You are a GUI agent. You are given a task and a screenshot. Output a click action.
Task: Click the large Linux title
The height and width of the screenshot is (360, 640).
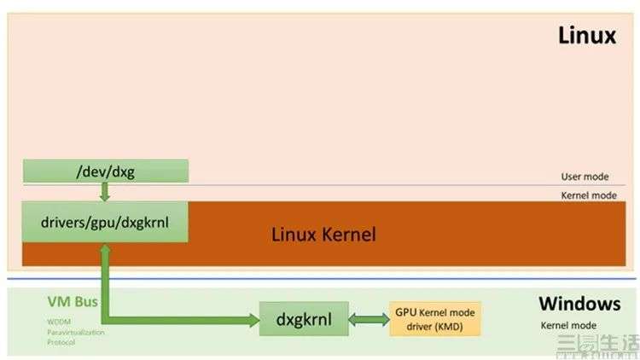click(586, 36)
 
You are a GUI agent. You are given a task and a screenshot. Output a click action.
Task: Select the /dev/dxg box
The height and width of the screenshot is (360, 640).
click(105, 171)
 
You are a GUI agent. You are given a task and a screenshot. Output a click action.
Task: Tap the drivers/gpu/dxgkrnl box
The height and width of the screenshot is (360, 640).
click(105, 222)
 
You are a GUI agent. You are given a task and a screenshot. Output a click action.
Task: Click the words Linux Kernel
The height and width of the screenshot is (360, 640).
click(323, 234)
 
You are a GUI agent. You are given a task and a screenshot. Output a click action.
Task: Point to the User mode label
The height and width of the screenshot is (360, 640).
click(585, 177)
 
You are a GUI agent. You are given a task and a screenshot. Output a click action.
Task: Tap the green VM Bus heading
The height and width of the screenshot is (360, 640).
click(73, 303)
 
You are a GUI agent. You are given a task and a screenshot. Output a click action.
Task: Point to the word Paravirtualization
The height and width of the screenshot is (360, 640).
click(75, 332)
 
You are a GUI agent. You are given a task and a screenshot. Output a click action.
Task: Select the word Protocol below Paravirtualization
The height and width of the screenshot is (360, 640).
click(61, 342)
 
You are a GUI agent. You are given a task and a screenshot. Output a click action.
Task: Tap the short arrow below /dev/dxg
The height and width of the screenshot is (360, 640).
click(105, 192)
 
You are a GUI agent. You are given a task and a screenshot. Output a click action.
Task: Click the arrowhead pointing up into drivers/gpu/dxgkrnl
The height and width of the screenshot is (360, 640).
click(105, 248)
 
